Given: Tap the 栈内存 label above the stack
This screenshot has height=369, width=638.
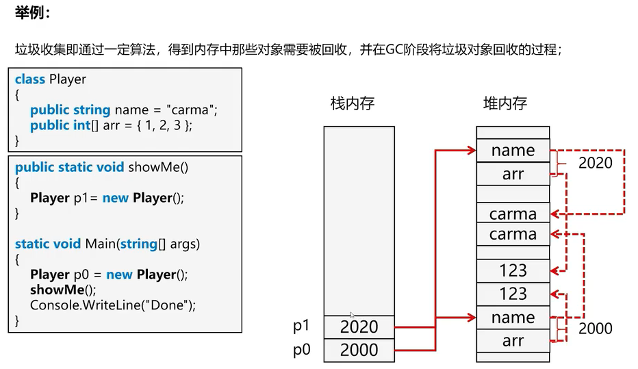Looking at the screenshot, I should coord(353,104).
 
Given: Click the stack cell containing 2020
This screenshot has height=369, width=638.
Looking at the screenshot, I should coord(359,327).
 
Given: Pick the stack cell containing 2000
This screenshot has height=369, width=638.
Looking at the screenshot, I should coord(359,350).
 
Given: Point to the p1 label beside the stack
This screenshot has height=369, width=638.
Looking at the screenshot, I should coord(302,327).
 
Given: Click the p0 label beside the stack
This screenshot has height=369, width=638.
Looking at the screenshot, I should coord(302,350).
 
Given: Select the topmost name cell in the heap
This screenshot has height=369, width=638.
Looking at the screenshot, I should coord(513,151).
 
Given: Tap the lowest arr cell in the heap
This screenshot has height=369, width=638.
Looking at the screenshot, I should coord(513,341).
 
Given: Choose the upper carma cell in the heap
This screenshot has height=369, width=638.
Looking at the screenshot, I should coord(513,214).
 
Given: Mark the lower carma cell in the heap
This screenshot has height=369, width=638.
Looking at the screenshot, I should coord(513,235).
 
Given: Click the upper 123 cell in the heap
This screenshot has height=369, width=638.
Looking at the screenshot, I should coord(513,270).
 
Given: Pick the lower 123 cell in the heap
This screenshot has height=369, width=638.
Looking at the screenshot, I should coord(513,294).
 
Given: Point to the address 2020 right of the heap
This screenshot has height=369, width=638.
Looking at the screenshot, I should coord(596,163).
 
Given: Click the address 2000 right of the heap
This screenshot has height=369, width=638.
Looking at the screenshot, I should coord(596,329).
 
